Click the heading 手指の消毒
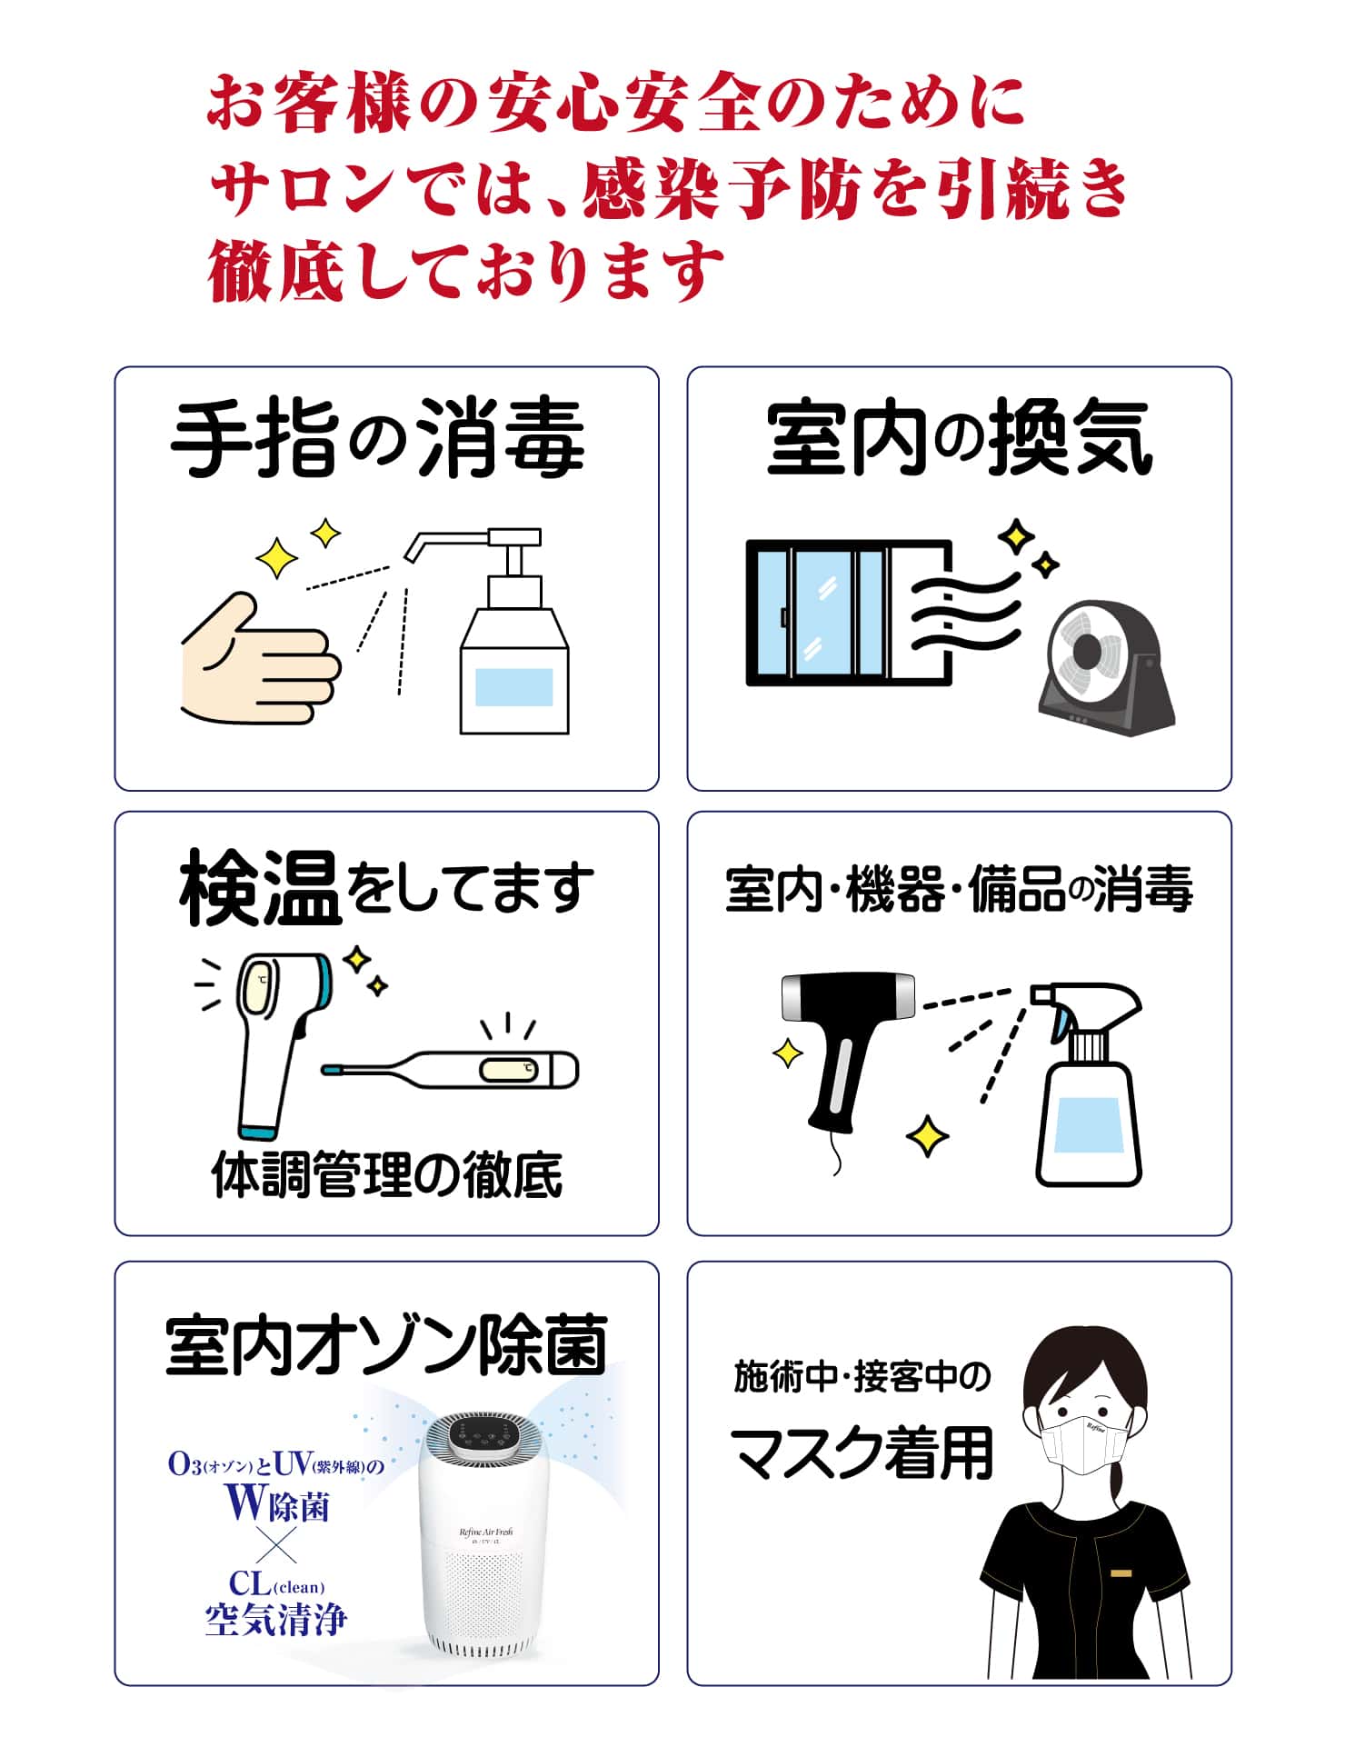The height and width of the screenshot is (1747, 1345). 377,441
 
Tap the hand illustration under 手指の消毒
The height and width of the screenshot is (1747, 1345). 261,659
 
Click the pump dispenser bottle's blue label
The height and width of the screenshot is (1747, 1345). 513,687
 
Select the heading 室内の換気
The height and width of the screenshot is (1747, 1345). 960,440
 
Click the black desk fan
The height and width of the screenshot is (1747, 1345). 1106,667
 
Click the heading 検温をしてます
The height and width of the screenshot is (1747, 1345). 386,888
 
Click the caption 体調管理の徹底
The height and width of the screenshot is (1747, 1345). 387,1174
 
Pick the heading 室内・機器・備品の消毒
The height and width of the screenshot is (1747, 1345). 959,889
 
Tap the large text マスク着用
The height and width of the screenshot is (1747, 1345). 862,1453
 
